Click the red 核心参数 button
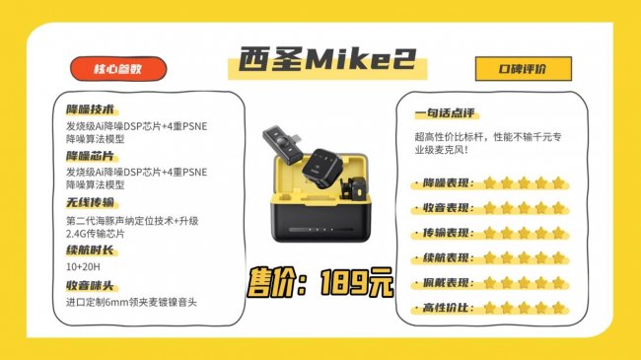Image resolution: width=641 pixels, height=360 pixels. pyautogui.click(x=118, y=69)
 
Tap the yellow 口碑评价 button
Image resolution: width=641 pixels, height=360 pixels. pyautogui.click(x=524, y=69)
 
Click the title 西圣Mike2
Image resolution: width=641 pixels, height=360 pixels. pyautogui.click(x=327, y=59)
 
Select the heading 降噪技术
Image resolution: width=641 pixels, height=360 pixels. pyautogui.click(x=91, y=109)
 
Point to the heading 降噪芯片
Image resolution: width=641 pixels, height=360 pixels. pyautogui.click(x=91, y=156)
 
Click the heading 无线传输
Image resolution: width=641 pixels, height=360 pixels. pyautogui.click(x=91, y=202)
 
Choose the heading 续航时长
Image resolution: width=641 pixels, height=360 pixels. pyautogui.click(x=91, y=250)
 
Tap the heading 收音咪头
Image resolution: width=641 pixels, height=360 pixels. pyautogui.click(x=90, y=285)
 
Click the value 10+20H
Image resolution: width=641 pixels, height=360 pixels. pyautogui.click(x=83, y=267)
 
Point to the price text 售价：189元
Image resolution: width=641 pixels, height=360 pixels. pyautogui.click(x=320, y=282)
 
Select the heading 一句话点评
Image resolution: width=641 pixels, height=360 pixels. pyautogui.click(x=445, y=112)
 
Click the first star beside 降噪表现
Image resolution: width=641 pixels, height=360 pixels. pyautogui.click(x=489, y=182)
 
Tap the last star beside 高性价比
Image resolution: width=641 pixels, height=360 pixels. pyautogui.click(x=558, y=308)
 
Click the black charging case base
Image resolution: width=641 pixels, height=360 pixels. pyautogui.click(x=320, y=221)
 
